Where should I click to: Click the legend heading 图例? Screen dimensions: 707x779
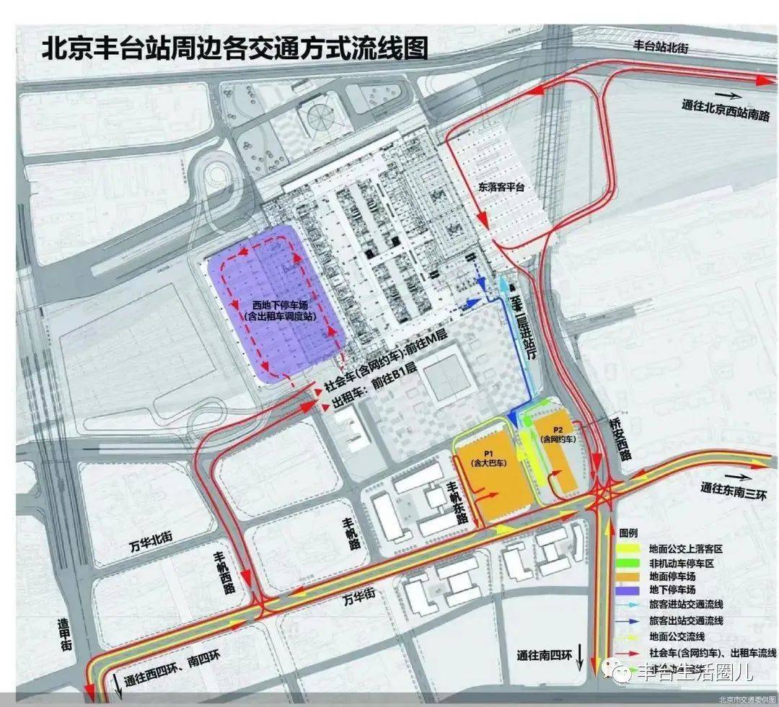pyautogui.click(x=629, y=531)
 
